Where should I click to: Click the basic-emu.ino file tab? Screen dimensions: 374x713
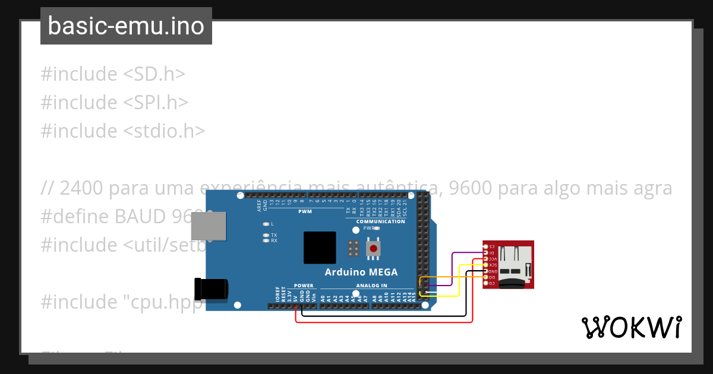[126, 26]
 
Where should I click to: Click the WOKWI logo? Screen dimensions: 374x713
[631, 328]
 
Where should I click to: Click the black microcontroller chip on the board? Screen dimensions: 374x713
[320, 248]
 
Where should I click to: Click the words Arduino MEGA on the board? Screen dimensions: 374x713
[361, 272]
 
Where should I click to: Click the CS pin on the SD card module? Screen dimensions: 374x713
[486, 246]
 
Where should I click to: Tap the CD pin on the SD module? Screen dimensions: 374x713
[486, 284]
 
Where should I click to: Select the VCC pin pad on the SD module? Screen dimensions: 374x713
[486, 259]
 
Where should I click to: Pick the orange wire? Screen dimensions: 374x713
[452, 277]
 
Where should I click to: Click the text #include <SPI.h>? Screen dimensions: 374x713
[115, 102]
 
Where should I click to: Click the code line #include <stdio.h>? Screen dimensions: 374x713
[123, 131]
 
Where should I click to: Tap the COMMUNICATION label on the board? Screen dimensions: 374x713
[380, 221]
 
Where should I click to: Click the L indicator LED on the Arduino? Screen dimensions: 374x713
[266, 224]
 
